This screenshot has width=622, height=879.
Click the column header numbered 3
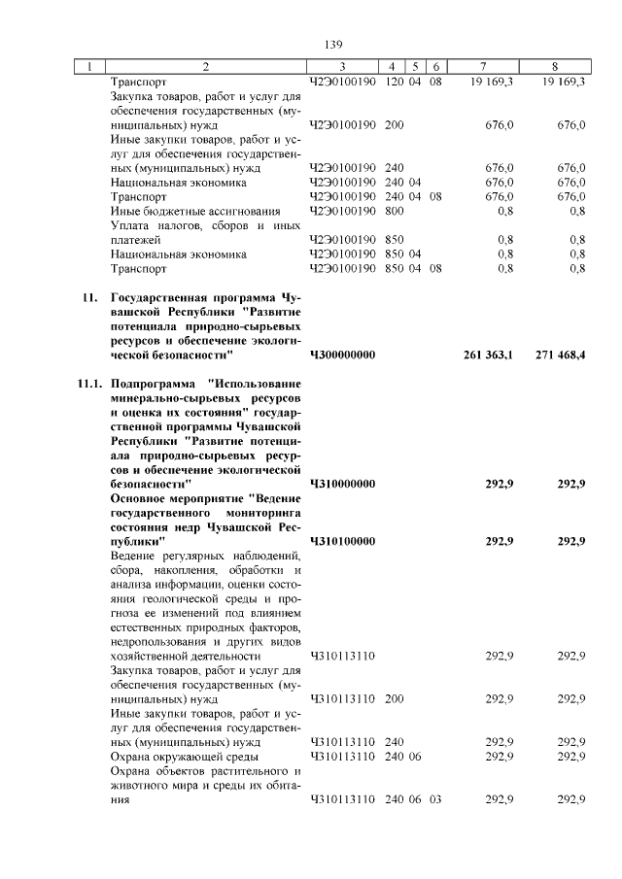(342, 67)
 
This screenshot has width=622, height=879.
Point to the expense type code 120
(394, 83)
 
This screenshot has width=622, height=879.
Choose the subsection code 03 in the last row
(434, 799)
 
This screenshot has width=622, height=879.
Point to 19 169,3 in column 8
(557, 83)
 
